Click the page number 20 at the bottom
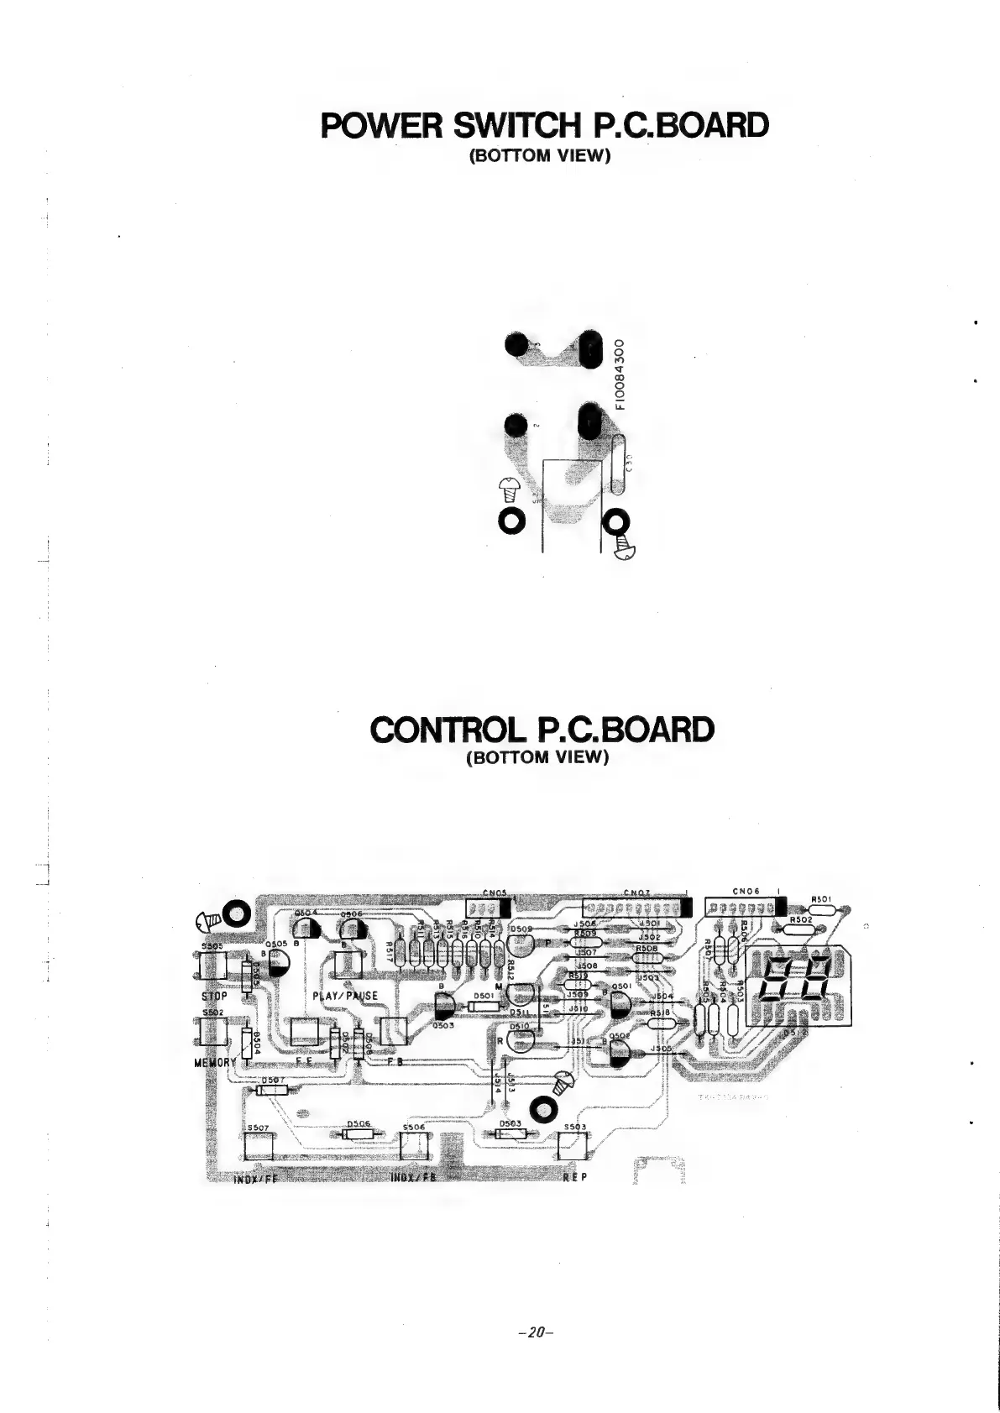[533, 1332]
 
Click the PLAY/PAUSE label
[345, 996]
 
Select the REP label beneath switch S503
[574, 1177]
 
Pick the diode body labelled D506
[359, 1134]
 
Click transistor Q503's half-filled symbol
[445, 1004]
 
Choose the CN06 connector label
[746, 892]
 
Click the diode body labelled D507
[271, 1090]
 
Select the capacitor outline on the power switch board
[619, 466]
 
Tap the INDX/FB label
[414, 1177]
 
